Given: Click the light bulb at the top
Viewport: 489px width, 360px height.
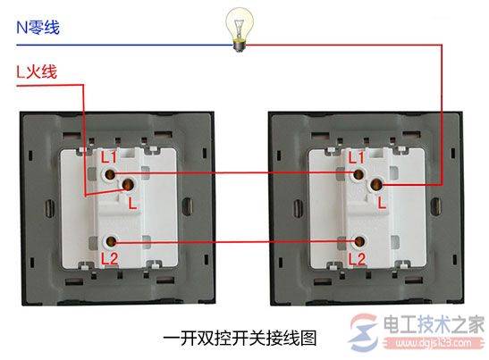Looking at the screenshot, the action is pyautogui.click(x=240, y=29).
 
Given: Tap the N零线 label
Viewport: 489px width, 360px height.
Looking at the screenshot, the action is pyautogui.click(x=38, y=28).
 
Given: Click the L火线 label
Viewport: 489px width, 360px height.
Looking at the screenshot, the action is pyautogui.click(x=37, y=71).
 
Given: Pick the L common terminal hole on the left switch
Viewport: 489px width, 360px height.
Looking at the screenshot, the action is pyautogui.click(x=127, y=185).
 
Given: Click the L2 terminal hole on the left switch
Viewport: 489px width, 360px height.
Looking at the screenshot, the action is pyautogui.click(x=110, y=241).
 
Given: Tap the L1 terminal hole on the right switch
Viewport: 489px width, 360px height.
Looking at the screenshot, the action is pyautogui.click(x=358, y=174).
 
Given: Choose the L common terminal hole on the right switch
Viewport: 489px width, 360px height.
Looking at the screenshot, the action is pyautogui.click(x=375, y=185).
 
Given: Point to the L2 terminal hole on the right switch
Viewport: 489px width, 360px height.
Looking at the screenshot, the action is pyautogui.click(x=359, y=241).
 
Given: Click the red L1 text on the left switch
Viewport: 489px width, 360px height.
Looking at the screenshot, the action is pyautogui.click(x=109, y=157).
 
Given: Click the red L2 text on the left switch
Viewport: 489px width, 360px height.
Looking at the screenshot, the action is pyautogui.click(x=109, y=259).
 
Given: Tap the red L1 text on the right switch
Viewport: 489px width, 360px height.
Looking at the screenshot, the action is pyautogui.click(x=356, y=157).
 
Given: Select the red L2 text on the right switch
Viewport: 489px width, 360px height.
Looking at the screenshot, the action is pyautogui.click(x=357, y=259).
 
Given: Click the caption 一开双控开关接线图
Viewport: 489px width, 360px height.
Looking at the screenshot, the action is pyautogui.click(x=240, y=339).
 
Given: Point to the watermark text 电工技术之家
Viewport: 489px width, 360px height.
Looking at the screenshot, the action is pyautogui.click(x=434, y=324).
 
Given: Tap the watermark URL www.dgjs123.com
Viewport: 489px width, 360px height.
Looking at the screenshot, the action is pyautogui.click(x=434, y=344).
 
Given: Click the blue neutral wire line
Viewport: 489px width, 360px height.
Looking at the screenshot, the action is pyautogui.click(x=125, y=45).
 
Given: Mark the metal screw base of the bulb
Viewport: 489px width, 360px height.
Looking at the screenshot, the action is pyautogui.click(x=240, y=46).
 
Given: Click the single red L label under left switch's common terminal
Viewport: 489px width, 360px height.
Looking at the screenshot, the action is pyautogui.click(x=133, y=204).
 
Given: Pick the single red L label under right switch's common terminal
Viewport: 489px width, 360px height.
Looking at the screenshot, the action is pyautogui.click(x=382, y=203).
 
